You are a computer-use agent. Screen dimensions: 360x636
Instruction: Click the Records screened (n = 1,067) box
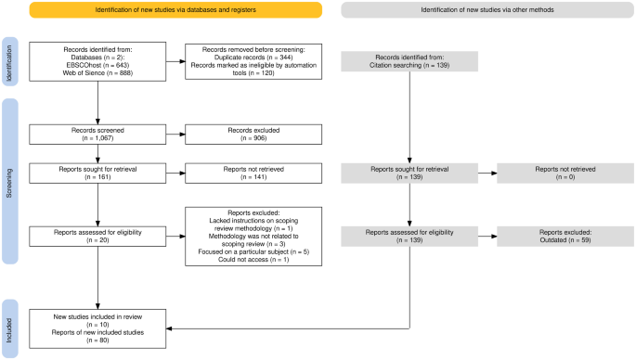coord(97,134)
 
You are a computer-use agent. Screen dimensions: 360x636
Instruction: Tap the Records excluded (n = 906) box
coord(253,134)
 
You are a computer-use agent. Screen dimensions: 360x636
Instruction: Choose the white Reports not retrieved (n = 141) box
coord(253,172)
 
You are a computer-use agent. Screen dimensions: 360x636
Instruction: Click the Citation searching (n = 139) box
coord(409,61)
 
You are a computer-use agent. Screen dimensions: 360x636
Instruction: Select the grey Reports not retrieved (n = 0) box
coord(564,172)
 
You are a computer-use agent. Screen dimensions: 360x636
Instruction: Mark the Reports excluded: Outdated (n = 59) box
coord(564,236)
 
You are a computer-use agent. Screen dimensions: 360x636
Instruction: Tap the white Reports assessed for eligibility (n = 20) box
coord(97,236)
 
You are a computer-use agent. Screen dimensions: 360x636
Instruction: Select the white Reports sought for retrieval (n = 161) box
coord(97,172)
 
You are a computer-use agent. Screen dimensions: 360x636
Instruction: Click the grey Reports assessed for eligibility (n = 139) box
coord(409,236)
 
